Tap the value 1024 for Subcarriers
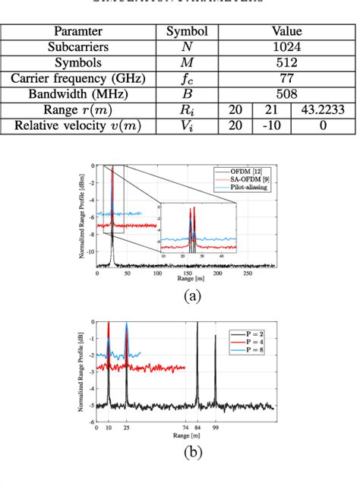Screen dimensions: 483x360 pos(289,47)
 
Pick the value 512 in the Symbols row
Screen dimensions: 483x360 pos(289,62)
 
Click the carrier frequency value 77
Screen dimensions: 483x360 pos(289,78)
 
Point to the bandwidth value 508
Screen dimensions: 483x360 pos(289,94)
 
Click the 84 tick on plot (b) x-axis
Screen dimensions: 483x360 pos(197,429)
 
